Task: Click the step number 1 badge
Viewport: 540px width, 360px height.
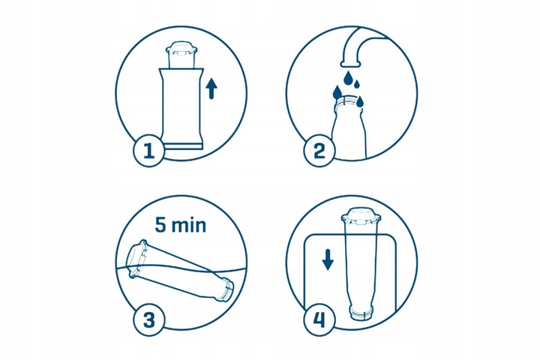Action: pyautogui.click(x=148, y=151)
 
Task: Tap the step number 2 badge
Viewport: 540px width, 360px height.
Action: pyautogui.click(x=319, y=151)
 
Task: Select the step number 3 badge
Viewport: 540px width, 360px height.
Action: pyautogui.click(x=148, y=320)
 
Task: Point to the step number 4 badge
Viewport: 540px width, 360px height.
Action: pyautogui.click(x=319, y=320)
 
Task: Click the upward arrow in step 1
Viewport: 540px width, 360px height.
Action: pyautogui.click(x=211, y=88)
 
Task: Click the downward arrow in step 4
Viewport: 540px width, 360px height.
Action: pyautogui.click(x=328, y=259)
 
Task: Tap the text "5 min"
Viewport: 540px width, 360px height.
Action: pyautogui.click(x=181, y=225)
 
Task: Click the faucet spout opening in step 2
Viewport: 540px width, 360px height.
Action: pyautogui.click(x=350, y=64)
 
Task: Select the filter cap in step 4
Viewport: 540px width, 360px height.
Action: pyautogui.click(x=361, y=216)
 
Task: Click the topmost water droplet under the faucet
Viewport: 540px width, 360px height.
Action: pyautogui.click(x=349, y=78)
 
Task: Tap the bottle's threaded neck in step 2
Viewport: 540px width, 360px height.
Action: pyautogui.click(x=348, y=102)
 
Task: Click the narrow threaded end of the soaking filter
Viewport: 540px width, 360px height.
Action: pyautogui.click(x=226, y=289)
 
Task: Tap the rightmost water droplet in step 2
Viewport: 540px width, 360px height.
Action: pyautogui.click(x=360, y=101)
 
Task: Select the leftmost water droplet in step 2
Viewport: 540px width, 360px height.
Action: pyautogui.click(x=337, y=92)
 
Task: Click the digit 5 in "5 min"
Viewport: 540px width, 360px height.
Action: pyautogui.click(x=160, y=225)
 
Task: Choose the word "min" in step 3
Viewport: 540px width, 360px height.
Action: pyautogui.click(x=189, y=225)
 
